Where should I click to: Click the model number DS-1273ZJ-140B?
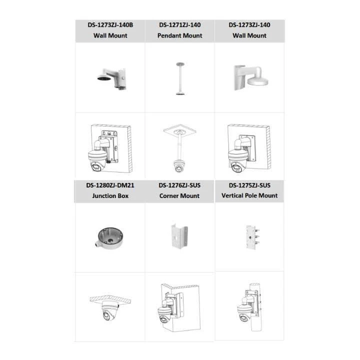click(110, 24)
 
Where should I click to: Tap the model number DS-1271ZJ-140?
click(180, 24)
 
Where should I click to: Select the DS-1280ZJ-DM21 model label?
click(110, 185)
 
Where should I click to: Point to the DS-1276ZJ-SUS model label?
click(179, 185)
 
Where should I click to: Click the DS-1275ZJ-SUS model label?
click(249, 185)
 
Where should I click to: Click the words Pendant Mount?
click(180, 35)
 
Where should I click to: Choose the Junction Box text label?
click(110, 196)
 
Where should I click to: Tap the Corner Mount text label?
click(179, 196)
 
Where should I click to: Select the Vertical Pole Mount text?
click(249, 195)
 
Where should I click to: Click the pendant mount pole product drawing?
click(179, 78)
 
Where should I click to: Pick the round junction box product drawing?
click(109, 236)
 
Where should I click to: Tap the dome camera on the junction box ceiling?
click(108, 313)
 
